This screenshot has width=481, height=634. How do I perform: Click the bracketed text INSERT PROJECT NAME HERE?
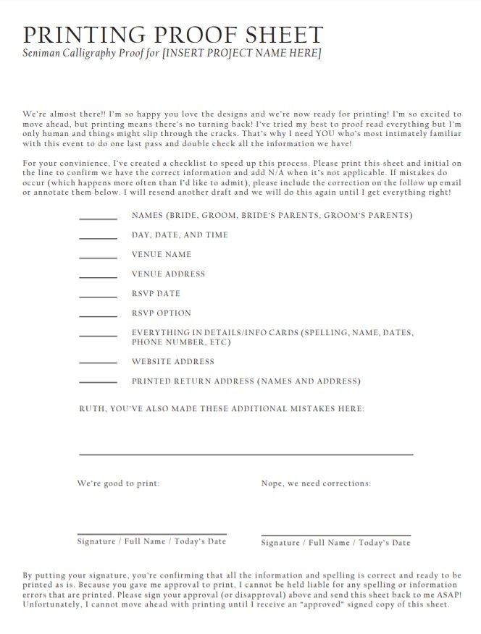(242, 54)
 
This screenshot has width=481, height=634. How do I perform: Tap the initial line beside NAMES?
(98, 219)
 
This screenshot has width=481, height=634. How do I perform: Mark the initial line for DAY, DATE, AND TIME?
(98, 238)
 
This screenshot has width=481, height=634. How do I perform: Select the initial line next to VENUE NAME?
(98, 258)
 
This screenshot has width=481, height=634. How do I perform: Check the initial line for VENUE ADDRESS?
(98, 277)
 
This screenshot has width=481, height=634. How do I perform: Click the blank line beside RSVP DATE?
(98, 297)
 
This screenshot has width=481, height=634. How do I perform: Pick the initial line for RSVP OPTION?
(98, 316)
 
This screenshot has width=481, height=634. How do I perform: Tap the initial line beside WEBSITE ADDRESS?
(98, 363)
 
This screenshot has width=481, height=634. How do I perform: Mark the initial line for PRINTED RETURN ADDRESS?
(98, 382)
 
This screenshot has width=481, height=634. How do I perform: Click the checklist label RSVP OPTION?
(161, 313)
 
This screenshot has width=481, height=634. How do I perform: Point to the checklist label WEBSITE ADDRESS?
(172, 362)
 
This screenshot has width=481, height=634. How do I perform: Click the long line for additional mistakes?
(246, 454)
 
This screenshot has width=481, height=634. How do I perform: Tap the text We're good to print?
(119, 483)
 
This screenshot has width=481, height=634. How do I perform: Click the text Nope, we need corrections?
(316, 483)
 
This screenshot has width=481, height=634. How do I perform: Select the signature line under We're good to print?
(151, 535)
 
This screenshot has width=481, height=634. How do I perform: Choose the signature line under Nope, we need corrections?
(335, 536)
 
